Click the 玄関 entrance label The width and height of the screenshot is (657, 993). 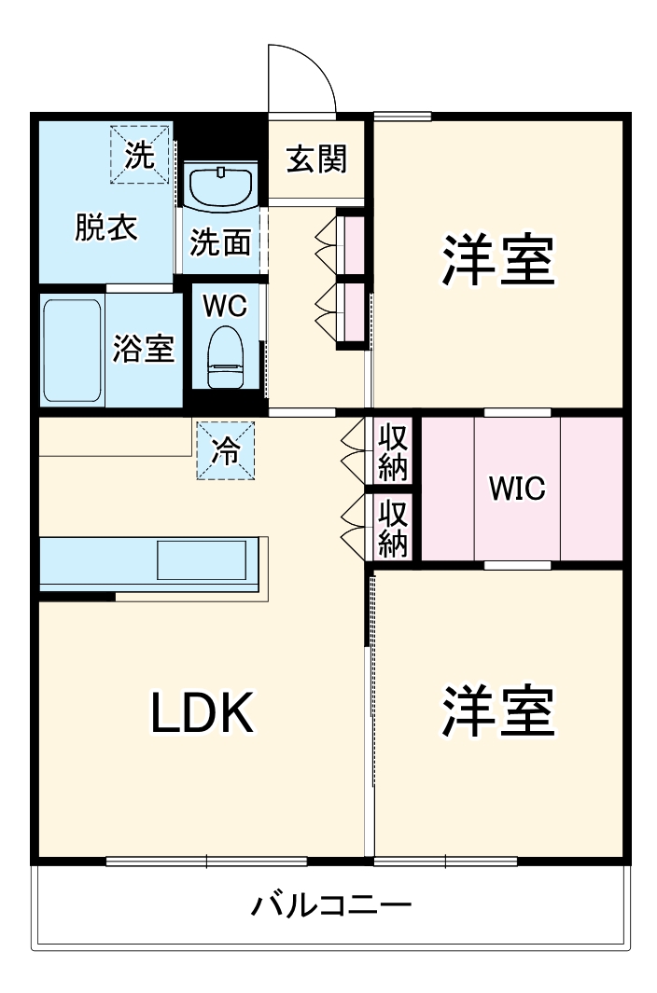point(316,159)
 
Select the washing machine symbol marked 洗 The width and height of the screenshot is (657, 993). point(141,154)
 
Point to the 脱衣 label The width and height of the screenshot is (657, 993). point(106,228)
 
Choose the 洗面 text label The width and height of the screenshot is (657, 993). point(220,242)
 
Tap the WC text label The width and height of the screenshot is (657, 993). point(225,305)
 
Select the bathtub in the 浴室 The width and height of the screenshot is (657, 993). point(72,350)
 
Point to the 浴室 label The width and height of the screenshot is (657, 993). point(143,349)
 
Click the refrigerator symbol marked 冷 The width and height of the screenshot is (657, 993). point(225,450)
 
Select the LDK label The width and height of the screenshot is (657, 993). point(203,714)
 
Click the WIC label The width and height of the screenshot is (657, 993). point(517,489)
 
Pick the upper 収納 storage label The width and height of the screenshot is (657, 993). point(394,451)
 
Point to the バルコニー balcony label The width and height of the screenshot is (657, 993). point(331,904)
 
